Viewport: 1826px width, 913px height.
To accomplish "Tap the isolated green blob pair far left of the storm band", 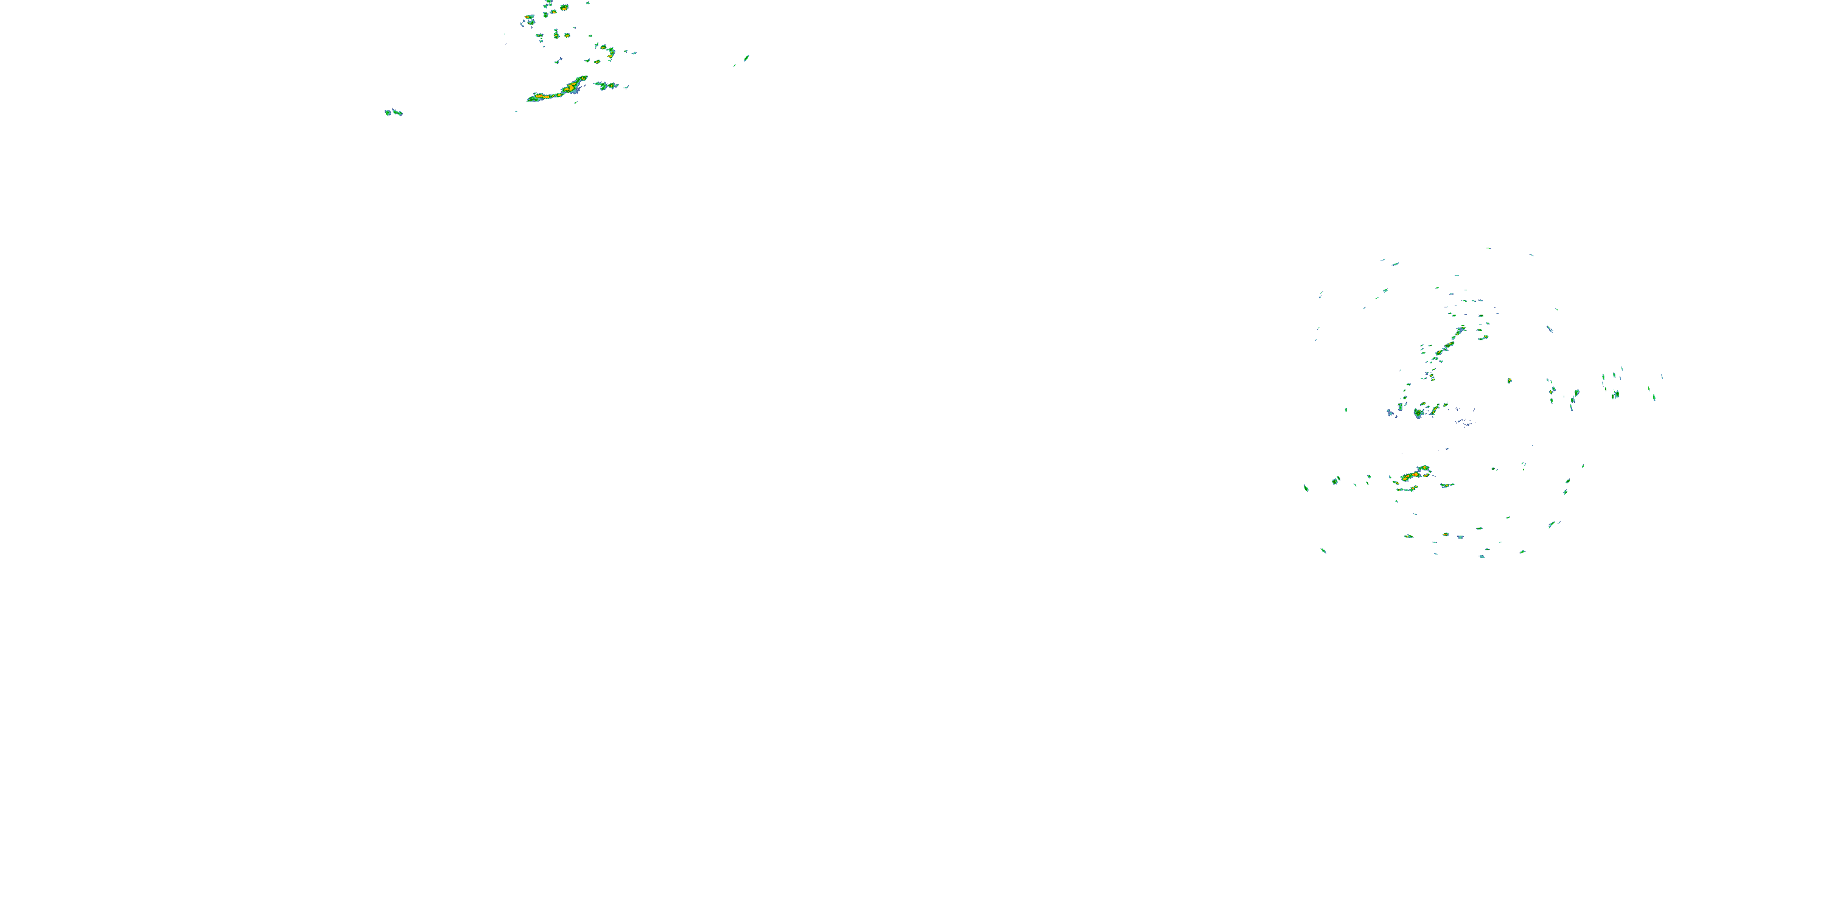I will [393, 112].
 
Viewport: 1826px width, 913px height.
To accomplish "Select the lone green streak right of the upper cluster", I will [746, 58].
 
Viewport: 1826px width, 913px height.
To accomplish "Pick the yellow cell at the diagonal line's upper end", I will [1460, 330].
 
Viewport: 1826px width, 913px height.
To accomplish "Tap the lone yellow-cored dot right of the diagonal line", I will [1509, 380].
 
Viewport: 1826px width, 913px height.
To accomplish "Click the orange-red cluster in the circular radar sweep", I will [1414, 474].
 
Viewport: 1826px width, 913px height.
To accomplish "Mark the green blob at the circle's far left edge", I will [1306, 487].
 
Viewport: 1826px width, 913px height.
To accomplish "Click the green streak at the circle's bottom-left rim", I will [1323, 550].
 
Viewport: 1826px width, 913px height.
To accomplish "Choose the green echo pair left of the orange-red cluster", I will [1335, 481].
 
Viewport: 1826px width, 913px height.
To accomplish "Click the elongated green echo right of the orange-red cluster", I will [1447, 485].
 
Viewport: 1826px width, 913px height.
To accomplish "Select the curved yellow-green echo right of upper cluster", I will [610, 52].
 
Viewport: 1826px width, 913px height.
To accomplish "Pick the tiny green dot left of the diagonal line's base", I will [1345, 410].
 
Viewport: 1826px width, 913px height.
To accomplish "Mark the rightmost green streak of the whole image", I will [1654, 397].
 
